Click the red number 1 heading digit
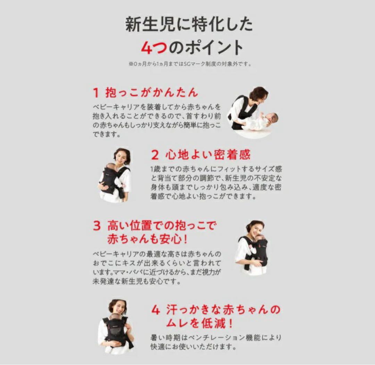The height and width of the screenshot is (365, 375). point(96,93)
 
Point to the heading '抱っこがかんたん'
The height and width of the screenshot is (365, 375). point(152,93)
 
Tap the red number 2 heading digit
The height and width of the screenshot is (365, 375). point(155,155)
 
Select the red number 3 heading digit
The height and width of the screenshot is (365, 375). point(97,226)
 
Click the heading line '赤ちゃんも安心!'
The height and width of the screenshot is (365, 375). point(147,239)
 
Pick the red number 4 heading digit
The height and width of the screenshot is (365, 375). point(156,310)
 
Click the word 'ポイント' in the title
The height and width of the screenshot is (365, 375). point(213,47)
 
